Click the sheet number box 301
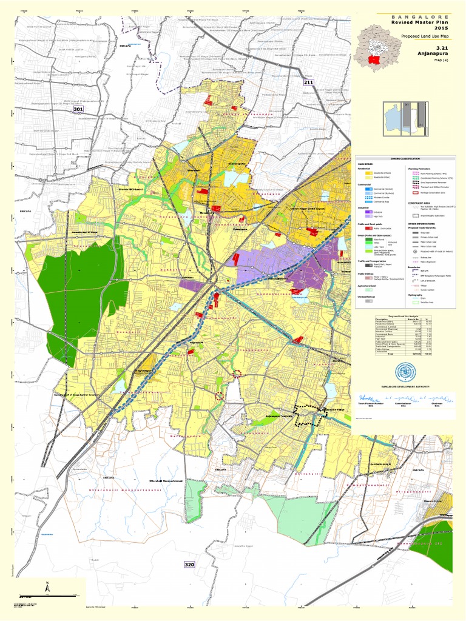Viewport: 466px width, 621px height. click(x=78, y=109)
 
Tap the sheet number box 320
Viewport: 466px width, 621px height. click(x=189, y=565)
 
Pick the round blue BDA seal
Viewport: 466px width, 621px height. click(x=405, y=372)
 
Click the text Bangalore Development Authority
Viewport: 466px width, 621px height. click(x=405, y=386)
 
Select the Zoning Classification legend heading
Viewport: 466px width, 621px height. click(x=405, y=158)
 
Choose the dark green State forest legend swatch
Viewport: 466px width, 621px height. click(x=369, y=240)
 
